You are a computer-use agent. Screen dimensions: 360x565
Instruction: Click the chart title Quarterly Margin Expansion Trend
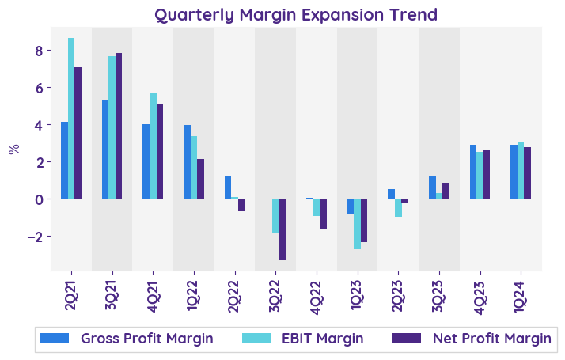point(296,14)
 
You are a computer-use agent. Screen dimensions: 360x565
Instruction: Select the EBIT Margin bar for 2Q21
point(71,118)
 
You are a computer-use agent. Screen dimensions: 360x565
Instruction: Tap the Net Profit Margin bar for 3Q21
point(119,126)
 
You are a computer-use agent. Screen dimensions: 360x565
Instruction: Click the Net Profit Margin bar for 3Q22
point(282,229)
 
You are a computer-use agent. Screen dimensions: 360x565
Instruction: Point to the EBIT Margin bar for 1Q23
point(358,224)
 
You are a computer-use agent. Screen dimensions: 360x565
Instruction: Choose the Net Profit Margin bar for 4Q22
point(324,214)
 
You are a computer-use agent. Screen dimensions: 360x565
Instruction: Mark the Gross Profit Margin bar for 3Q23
point(432,187)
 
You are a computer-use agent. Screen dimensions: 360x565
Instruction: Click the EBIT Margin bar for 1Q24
point(521,170)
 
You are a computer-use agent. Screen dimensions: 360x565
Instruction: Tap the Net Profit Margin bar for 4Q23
point(487,174)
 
